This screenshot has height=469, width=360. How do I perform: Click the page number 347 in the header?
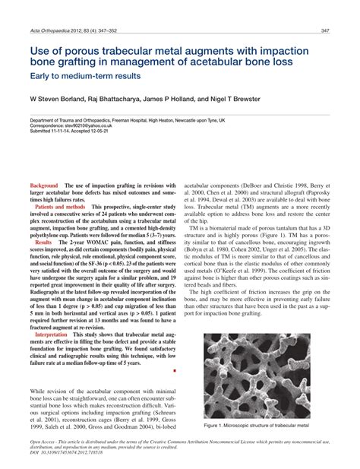click(324, 30)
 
